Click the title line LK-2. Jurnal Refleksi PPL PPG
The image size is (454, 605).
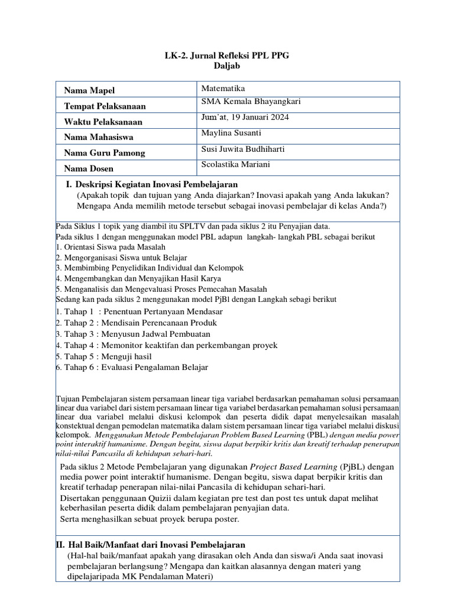point(227,56)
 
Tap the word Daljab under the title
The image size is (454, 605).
point(227,66)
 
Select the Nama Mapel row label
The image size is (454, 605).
point(89,90)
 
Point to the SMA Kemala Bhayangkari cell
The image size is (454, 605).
point(251,102)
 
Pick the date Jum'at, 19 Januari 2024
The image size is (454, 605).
point(245,117)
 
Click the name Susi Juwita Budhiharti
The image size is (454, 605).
point(244,149)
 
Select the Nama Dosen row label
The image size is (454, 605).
point(90,168)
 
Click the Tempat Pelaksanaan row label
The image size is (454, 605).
point(105,106)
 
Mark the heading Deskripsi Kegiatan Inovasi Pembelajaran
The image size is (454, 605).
point(156,184)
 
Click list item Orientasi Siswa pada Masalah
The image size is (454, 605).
point(111,247)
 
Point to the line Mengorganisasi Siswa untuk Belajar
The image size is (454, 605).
point(122,258)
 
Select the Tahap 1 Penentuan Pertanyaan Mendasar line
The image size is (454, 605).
point(140,311)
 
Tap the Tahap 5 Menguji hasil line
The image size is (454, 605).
point(104,356)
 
